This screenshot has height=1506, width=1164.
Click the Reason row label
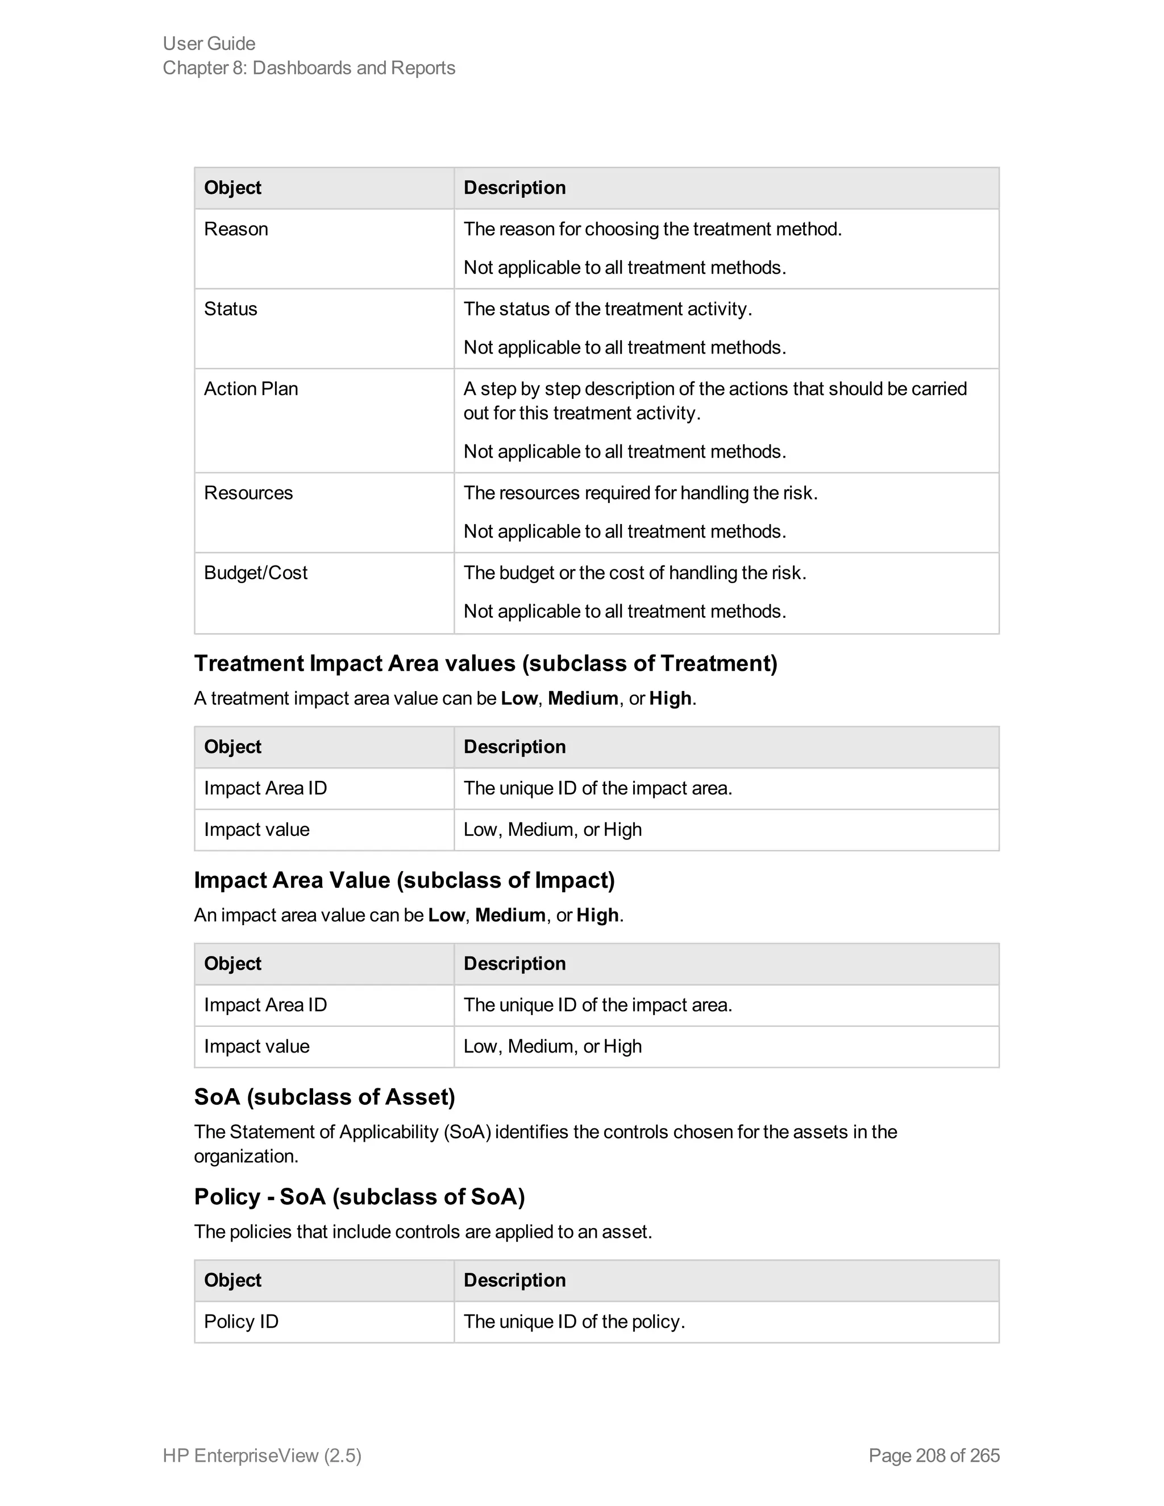pyautogui.click(x=236, y=229)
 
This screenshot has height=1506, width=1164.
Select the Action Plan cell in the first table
pyautogui.click(x=251, y=389)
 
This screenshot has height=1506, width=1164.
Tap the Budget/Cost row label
pyautogui.click(x=255, y=573)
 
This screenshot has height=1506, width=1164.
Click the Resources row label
pyautogui.click(x=248, y=493)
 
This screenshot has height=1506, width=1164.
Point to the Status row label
pyautogui.click(x=230, y=309)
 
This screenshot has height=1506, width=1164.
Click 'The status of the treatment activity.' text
pyautogui.click(x=607, y=309)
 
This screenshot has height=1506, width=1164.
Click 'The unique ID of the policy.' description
pyautogui.click(x=573, y=1321)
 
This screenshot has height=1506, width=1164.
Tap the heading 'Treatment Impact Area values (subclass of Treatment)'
pyautogui.click(x=485, y=663)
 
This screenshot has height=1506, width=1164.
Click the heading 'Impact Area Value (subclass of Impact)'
pyautogui.click(x=404, y=880)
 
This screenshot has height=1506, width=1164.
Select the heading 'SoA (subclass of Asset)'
pyautogui.click(x=324, y=1096)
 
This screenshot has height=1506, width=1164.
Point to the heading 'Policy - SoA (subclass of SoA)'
pyautogui.click(x=359, y=1196)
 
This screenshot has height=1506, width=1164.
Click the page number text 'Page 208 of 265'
pyautogui.click(x=934, y=1455)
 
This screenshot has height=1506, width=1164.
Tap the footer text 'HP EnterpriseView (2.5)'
pyautogui.click(x=262, y=1455)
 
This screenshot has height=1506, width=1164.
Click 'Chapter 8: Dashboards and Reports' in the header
pyautogui.click(x=309, y=68)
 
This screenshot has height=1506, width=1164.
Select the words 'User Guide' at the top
pyautogui.click(x=209, y=43)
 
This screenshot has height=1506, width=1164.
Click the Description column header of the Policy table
pyautogui.click(x=514, y=1280)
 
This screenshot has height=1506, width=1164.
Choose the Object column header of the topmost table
pyautogui.click(x=232, y=188)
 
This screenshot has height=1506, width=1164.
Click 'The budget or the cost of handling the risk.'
pyautogui.click(x=634, y=573)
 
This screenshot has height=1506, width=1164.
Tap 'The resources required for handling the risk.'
pyautogui.click(x=640, y=493)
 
